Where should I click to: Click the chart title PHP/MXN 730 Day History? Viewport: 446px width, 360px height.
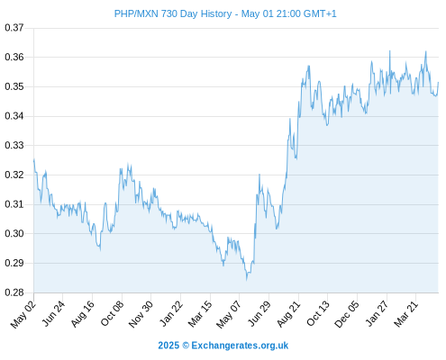pyautogui.click(x=173, y=13)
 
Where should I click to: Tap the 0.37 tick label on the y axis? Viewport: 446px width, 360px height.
pyautogui.click(x=14, y=28)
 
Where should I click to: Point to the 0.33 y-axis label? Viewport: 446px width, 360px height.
pyautogui.click(x=14, y=146)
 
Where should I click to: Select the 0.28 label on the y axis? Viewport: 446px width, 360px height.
pyautogui.click(x=14, y=292)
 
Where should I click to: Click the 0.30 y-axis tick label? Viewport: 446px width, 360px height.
pyautogui.click(x=14, y=233)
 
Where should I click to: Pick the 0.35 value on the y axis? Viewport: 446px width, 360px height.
pyautogui.click(x=14, y=86)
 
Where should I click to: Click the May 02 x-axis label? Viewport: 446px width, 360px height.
pyautogui.click(x=23, y=314)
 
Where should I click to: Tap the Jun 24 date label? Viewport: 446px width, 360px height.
pyautogui.click(x=53, y=314)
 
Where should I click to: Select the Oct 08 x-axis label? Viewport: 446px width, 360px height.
pyautogui.click(x=112, y=314)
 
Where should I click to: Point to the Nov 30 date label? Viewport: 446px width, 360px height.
pyautogui.click(x=141, y=314)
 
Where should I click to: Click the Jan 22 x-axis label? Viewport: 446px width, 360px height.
pyautogui.click(x=170, y=314)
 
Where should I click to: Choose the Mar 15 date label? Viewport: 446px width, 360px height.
pyautogui.click(x=200, y=314)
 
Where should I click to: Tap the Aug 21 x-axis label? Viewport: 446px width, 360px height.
pyautogui.click(x=288, y=314)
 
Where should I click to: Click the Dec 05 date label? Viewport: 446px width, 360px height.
pyautogui.click(x=347, y=314)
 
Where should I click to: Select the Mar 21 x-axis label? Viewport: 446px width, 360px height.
pyautogui.click(x=405, y=314)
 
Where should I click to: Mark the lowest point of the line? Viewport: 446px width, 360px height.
pyautogui.click(x=247, y=280)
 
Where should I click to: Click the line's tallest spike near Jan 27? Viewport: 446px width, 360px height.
pyautogui.click(x=390, y=50)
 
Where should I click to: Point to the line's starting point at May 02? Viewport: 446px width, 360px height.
pyautogui.click(x=34, y=159)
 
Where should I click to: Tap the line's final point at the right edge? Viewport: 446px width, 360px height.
pyautogui.click(x=438, y=82)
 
